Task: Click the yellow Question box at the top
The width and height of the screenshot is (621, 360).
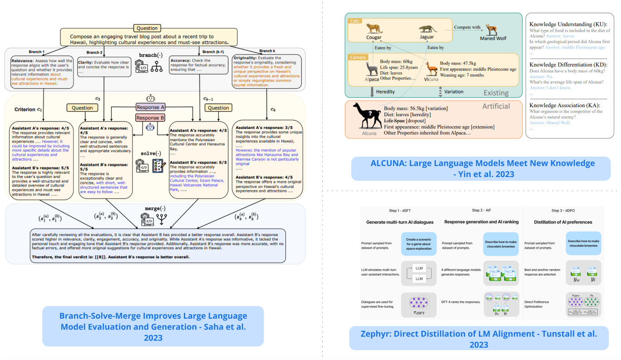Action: pos(147,28)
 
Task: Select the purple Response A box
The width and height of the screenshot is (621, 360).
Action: pos(151,107)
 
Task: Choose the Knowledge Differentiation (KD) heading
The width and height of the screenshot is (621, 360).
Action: pos(570,64)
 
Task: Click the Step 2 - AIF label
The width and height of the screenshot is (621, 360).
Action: pos(482,211)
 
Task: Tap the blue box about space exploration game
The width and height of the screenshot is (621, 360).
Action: pos(419,244)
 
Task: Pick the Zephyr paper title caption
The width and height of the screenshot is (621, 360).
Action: pos(478,339)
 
